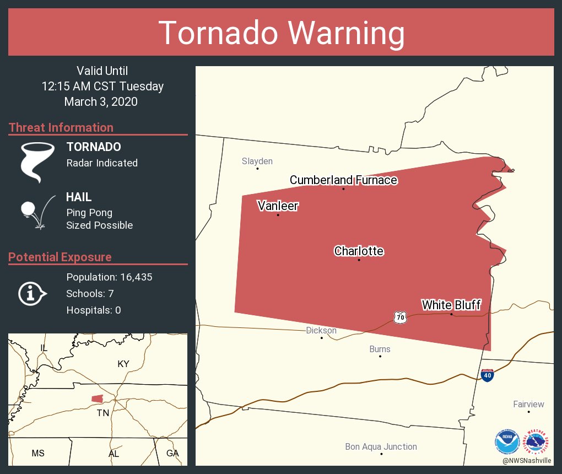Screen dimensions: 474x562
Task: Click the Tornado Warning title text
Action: (281, 33)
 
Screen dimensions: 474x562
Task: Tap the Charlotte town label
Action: (359, 251)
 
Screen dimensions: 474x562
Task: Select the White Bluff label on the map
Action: (451, 305)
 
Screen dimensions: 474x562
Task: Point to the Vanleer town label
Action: (278, 206)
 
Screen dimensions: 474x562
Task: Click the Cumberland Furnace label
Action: (343, 180)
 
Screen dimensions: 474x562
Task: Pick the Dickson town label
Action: (321, 331)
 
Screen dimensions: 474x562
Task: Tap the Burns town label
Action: (380, 349)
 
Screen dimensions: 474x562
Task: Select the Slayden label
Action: (257, 161)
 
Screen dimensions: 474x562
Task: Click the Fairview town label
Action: (528, 405)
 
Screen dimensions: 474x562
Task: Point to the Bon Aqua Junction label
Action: (381, 447)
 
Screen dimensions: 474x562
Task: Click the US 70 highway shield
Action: (401, 317)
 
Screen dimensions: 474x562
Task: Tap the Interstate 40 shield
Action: (487, 375)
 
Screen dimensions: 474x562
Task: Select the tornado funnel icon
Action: (37, 161)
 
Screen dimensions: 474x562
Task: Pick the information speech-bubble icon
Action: (32, 294)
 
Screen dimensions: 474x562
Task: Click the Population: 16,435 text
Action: (109, 277)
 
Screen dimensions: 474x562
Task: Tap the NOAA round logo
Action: (507, 441)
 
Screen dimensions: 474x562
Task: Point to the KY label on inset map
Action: (123, 364)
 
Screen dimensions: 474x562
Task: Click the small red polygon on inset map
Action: (98, 398)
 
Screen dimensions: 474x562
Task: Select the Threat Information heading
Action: (61, 128)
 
